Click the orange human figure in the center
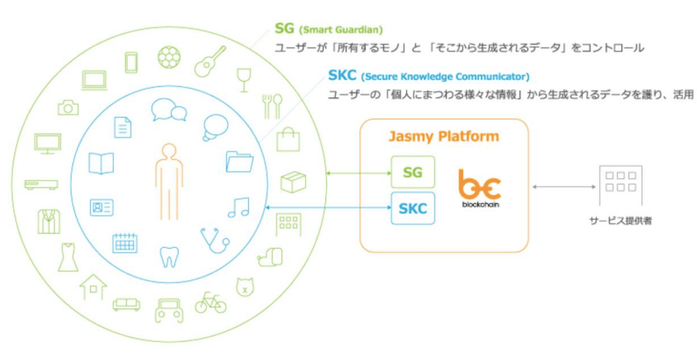click(x=169, y=182)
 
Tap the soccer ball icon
click(x=170, y=58)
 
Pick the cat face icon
click(x=243, y=287)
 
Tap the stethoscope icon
click(x=215, y=241)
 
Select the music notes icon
click(x=239, y=207)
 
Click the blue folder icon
click(x=239, y=162)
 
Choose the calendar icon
click(x=125, y=243)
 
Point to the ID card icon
click(x=102, y=207)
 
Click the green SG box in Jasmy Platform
click(x=413, y=172)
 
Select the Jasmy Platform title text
click(x=444, y=136)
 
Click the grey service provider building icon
click(x=620, y=186)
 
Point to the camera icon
click(x=68, y=107)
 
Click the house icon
click(x=93, y=287)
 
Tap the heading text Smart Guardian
click(x=341, y=30)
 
